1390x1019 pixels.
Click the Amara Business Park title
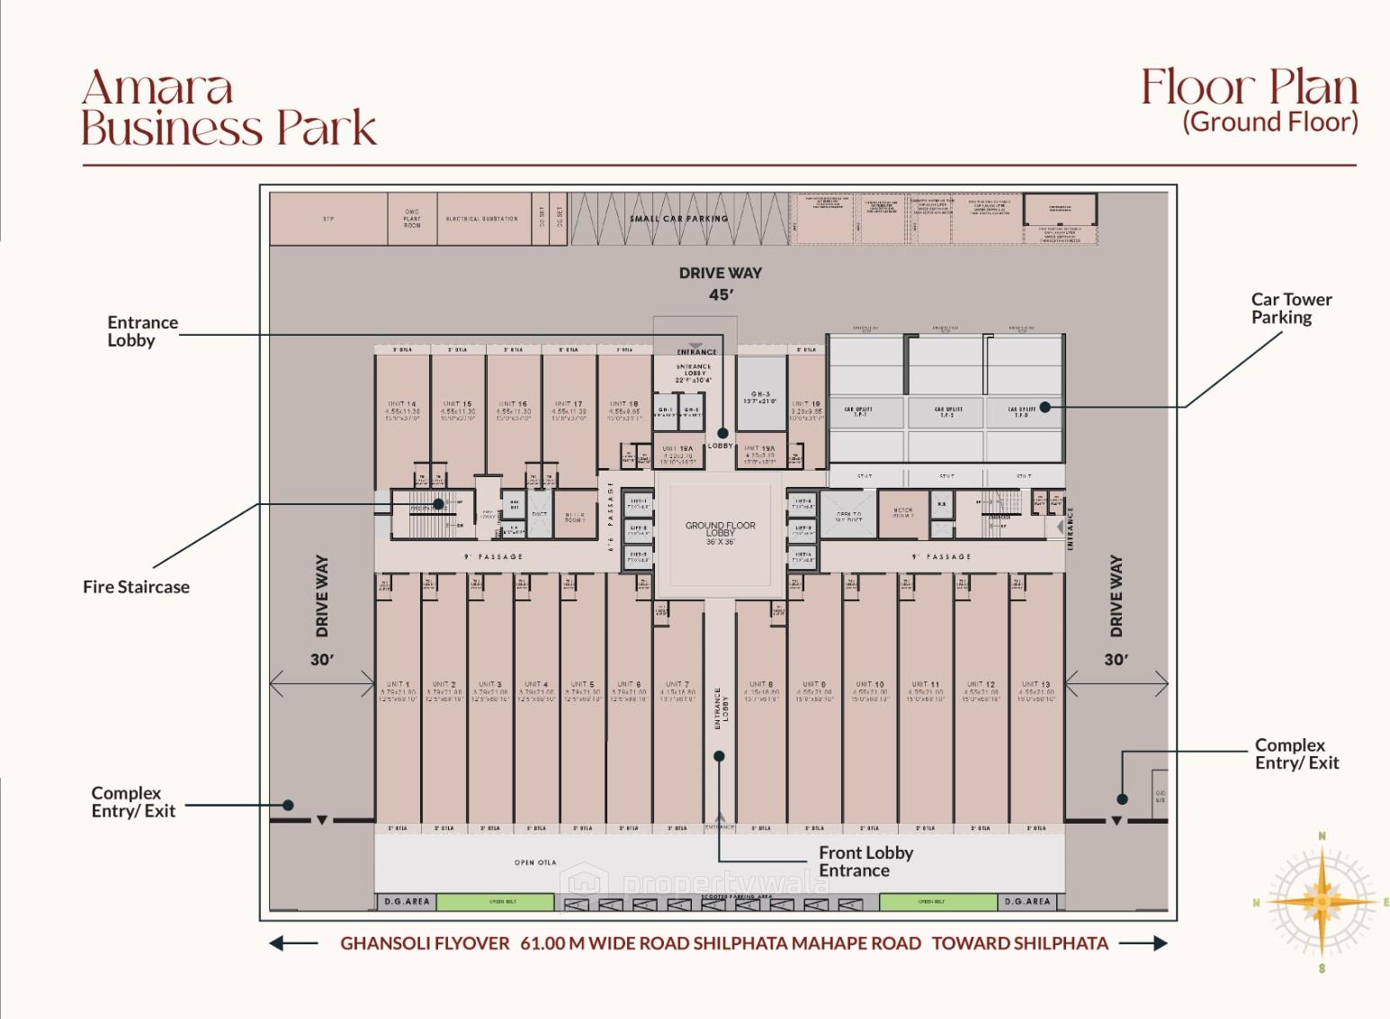pyautogui.click(x=229, y=108)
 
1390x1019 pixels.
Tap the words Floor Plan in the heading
pyautogui.click(x=1249, y=87)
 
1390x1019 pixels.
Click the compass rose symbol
pyautogui.click(x=1321, y=901)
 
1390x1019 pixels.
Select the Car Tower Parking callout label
pyautogui.click(x=1290, y=308)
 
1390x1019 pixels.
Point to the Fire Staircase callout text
pyautogui.click(x=136, y=587)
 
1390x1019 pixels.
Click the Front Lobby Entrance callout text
pyautogui.click(x=865, y=861)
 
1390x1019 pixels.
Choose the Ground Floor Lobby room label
pyautogui.click(x=720, y=531)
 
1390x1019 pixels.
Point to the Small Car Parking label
pyautogui.click(x=679, y=219)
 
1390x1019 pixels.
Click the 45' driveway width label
pyautogui.click(x=720, y=294)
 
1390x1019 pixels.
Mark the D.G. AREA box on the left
pyautogui.click(x=407, y=901)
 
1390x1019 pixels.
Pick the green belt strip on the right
pyautogui.click(x=932, y=901)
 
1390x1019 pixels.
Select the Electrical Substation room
pyautogui.click(x=482, y=219)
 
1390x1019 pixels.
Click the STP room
pyautogui.click(x=328, y=219)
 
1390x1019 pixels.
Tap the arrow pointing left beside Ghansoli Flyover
pyautogui.click(x=293, y=943)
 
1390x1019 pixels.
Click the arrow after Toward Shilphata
pyautogui.click(x=1143, y=943)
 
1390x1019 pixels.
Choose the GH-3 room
pyautogui.click(x=761, y=396)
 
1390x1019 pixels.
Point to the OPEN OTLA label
pyautogui.click(x=535, y=862)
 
